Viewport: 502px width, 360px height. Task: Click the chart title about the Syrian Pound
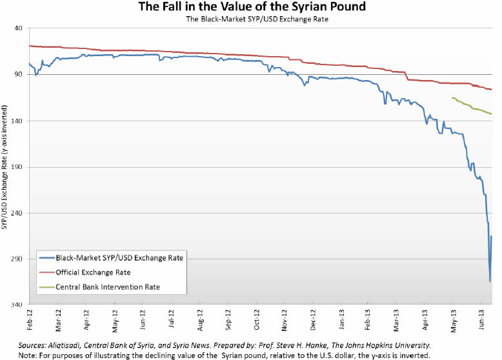pyautogui.click(x=252, y=7)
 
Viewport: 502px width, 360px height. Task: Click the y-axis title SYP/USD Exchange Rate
pyautogui.click(x=5, y=174)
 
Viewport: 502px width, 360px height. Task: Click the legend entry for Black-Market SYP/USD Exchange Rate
pyautogui.click(x=119, y=258)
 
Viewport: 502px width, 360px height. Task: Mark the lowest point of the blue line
pyautogui.click(x=490, y=281)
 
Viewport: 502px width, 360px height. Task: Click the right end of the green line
pyautogui.click(x=492, y=114)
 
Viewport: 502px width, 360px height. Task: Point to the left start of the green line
pyautogui.click(x=452, y=98)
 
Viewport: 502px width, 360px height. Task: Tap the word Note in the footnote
pyautogui.click(x=28, y=355)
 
